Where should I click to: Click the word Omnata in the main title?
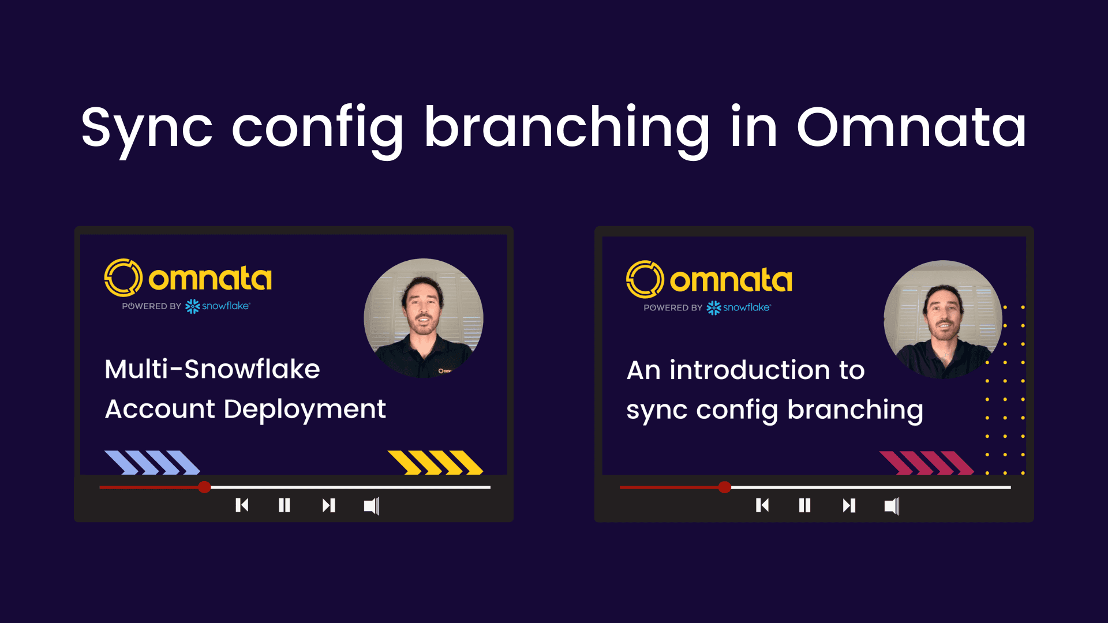[x=911, y=127]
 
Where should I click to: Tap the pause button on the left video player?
[x=285, y=505]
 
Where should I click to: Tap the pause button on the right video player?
[x=805, y=505]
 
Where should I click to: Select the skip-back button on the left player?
[x=242, y=505]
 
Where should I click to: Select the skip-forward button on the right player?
[x=849, y=505]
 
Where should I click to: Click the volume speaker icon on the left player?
[x=372, y=506]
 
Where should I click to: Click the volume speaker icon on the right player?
[x=892, y=506]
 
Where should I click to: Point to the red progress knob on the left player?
[x=204, y=487]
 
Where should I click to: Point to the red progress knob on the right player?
[x=725, y=487]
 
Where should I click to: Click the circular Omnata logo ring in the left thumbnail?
[x=107, y=277]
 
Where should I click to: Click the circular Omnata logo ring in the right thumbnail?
[x=629, y=279]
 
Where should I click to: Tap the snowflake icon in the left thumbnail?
[x=193, y=306]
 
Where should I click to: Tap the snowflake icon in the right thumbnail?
[x=714, y=307]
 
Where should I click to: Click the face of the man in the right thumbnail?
[x=944, y=312]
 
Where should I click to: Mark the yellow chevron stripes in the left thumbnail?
[x=435, y=463]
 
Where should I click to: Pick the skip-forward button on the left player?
[x=328, y=505]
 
